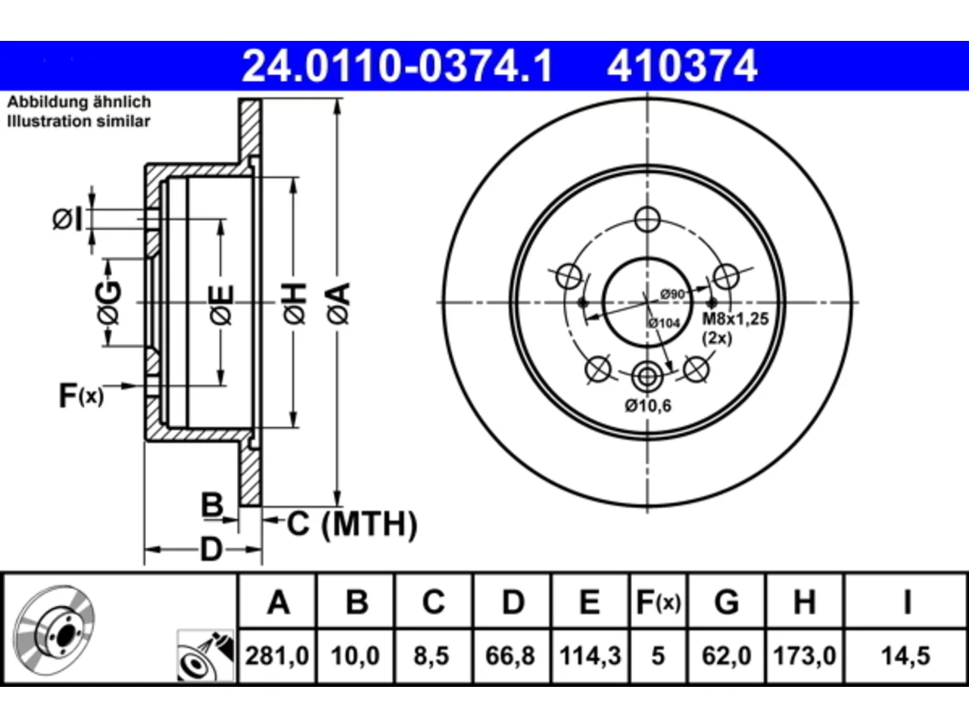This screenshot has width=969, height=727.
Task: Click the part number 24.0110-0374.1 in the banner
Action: (x=397, y=66)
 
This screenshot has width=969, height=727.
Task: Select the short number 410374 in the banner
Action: (x=682, y=66)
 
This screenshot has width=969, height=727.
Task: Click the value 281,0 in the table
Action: (x=277, y=656)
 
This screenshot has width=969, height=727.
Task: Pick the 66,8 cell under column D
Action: (x=510, y=656)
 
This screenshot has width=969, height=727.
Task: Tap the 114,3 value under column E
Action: (x=590, y=656)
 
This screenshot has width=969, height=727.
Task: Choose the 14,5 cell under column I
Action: (x=905, y=656)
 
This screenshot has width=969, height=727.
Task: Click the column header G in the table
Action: (x=727, y=602)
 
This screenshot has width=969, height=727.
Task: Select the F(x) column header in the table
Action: (x=658, y=602)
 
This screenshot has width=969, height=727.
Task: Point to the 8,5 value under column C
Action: (x=432, y=656)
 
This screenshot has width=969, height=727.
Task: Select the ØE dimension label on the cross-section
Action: (x=222, y=304)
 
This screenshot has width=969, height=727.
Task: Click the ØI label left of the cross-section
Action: (x=67, y=220)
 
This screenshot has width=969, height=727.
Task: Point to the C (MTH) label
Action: (x=352, y=524)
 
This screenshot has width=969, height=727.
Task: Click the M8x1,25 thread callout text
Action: (x=736, y=319)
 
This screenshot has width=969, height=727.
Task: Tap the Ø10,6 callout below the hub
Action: (x=647, y=405)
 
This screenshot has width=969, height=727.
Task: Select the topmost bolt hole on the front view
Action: (x=647, y=220)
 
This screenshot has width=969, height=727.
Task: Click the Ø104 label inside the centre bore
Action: (x=664, y=323)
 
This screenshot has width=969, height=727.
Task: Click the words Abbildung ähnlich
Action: (x=79, y=102)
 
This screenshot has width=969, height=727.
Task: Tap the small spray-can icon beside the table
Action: (x=206, y=656)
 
